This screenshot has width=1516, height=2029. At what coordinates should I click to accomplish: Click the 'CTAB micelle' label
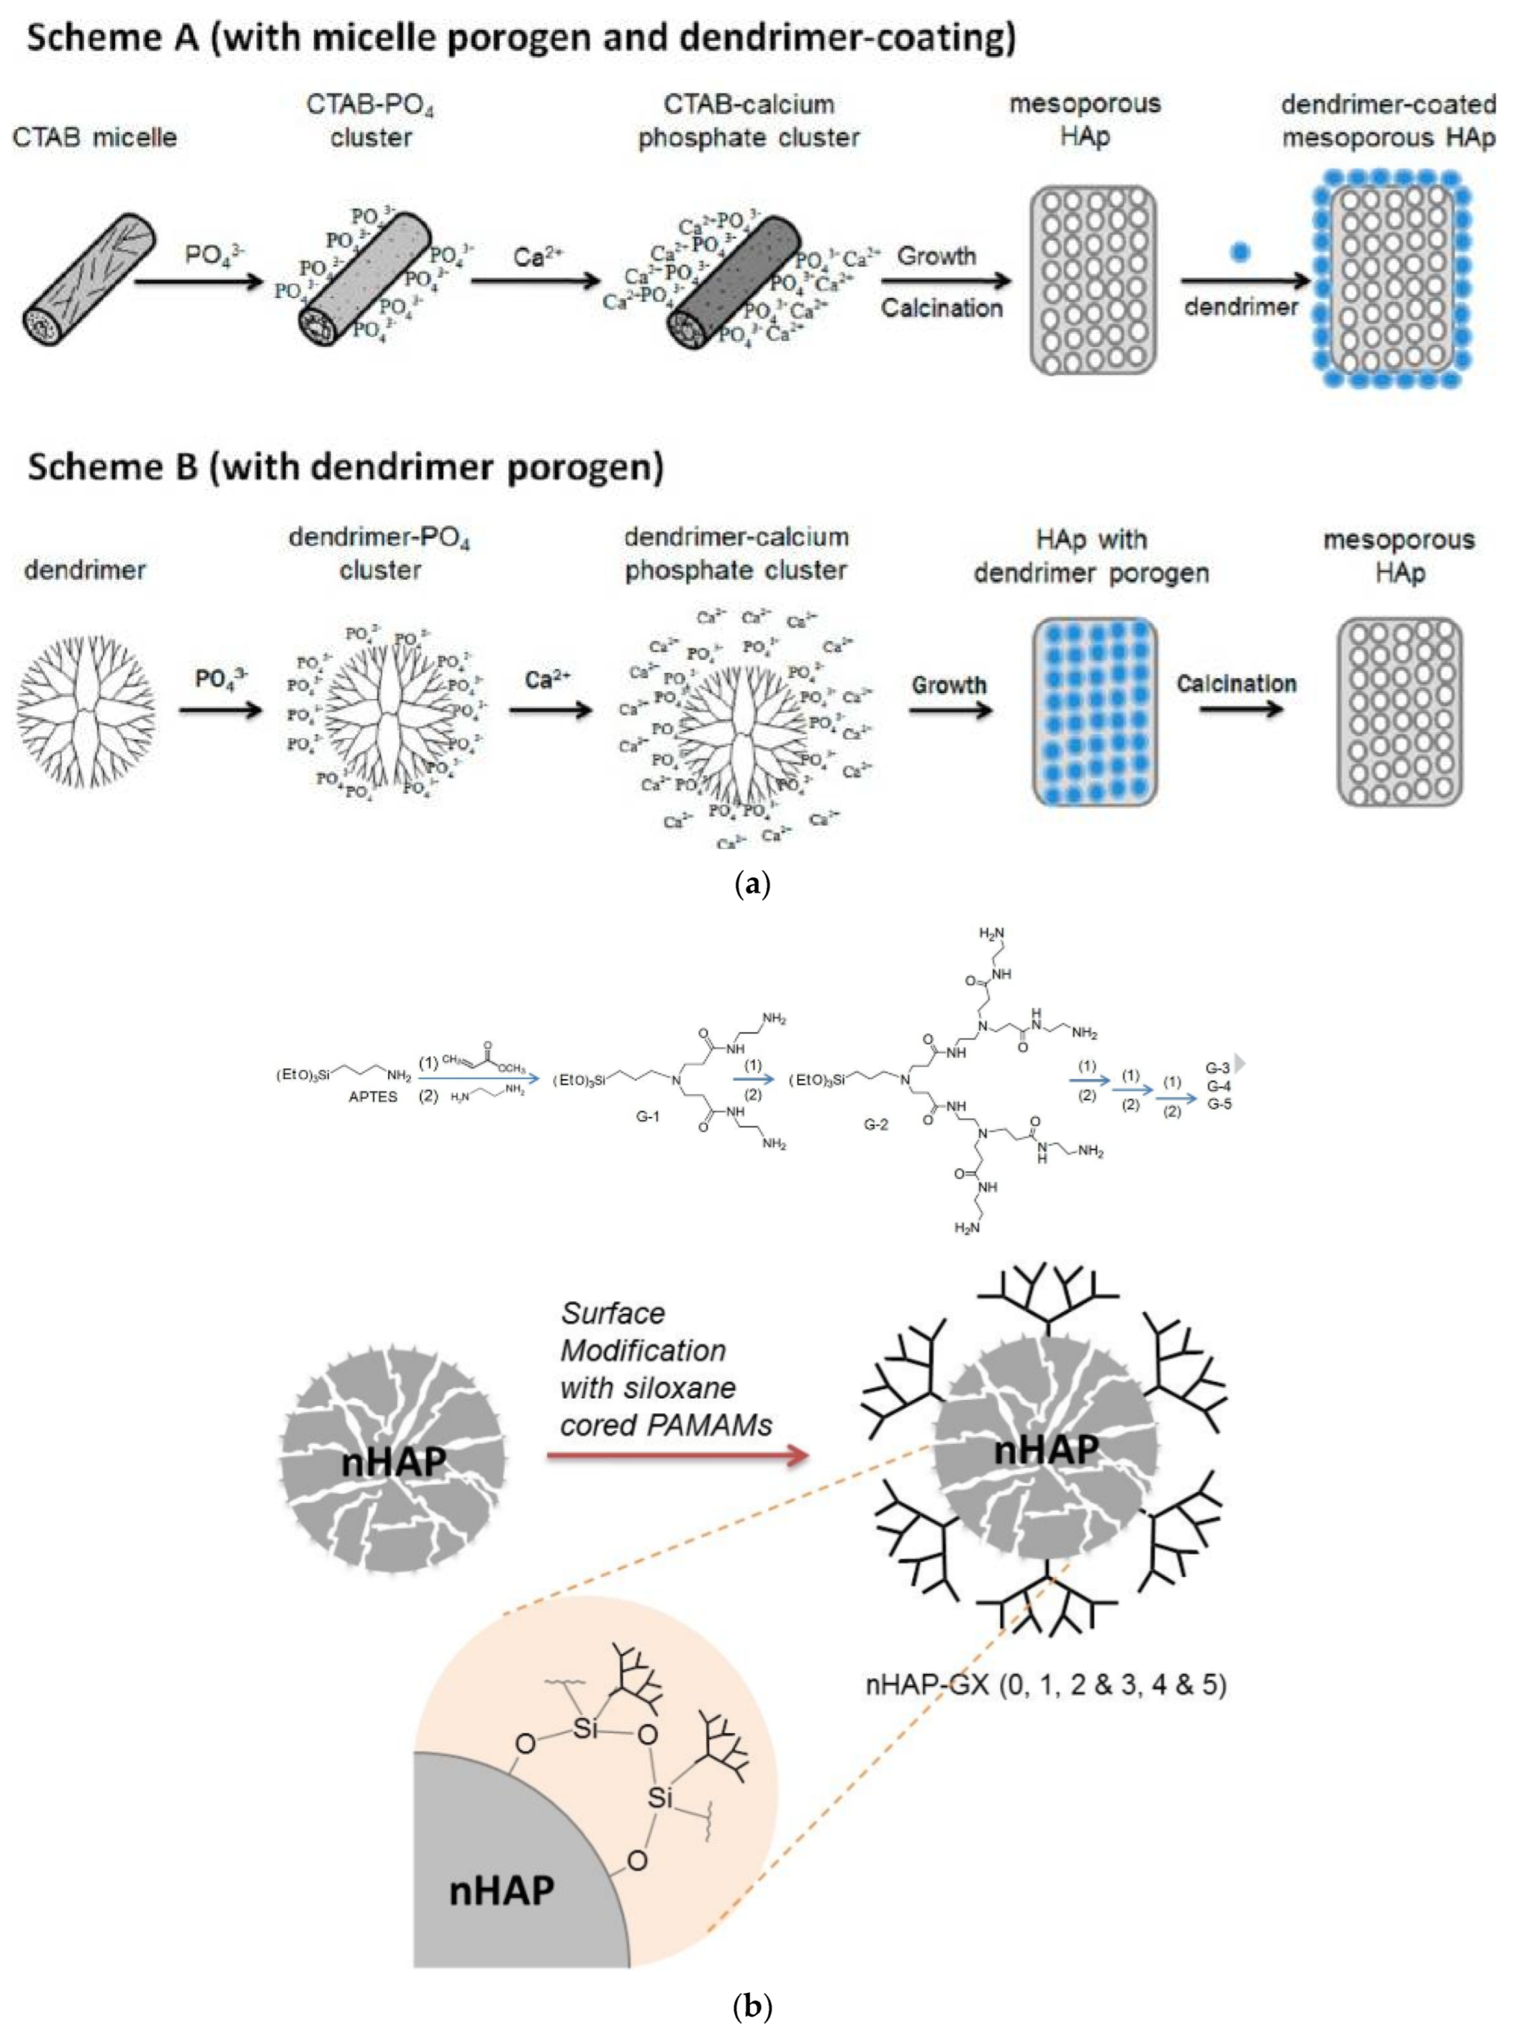coord(94,137)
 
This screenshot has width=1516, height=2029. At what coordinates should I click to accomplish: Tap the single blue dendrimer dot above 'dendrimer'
coord(1239,251)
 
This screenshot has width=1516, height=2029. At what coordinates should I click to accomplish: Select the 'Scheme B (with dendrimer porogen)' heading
coord(345,467)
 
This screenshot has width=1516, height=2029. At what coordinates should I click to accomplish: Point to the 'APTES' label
coord(373,1097)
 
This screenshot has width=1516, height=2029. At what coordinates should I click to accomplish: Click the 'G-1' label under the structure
coord(648,1117)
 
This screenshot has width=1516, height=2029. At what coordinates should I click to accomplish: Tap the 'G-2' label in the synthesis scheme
coord(876,1125)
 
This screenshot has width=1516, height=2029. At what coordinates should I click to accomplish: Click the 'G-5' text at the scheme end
coord(1219,1104)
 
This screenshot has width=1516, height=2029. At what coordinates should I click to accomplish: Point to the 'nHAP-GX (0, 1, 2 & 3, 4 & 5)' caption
coord(1046,1684)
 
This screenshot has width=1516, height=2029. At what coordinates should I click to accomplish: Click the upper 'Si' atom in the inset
coord(584,1728)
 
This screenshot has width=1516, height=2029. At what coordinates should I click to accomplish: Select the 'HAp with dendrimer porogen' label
coord(1091,556)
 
